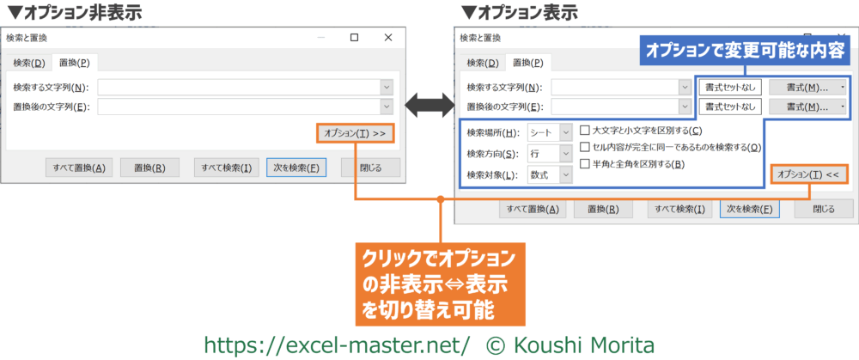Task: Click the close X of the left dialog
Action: pos(389,38)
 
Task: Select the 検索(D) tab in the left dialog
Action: pos(28,63)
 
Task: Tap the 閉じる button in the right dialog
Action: pos(823,209)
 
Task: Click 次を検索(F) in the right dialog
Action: pos(750,209)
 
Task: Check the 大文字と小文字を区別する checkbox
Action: pos(586,131)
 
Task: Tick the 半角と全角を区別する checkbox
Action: pos(586,163)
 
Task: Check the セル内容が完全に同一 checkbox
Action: pos(586,147)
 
